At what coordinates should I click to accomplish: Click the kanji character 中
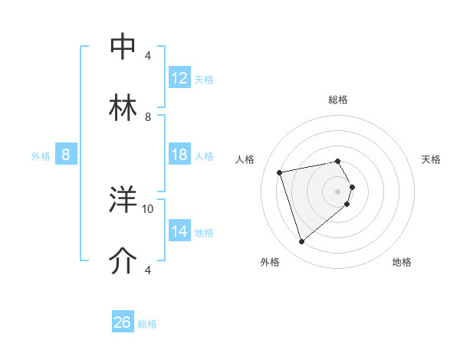[x=123, y=46]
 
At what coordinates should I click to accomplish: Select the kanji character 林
[x=123, y=108]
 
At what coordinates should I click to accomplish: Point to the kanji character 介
[x=123, y=261]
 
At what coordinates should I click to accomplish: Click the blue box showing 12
[x=179, y=78]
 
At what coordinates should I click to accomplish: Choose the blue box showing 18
[x=179, y=155]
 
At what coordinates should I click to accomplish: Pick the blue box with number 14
[x=179, y=231]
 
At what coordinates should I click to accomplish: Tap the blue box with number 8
[x=66, y=155]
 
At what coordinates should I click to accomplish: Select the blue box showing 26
[x=123, y=322]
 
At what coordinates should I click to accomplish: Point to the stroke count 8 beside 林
[x=148, y=117]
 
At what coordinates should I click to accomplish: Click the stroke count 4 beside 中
[x=148, y=56]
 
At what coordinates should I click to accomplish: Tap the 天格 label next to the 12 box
[x=204, y=79]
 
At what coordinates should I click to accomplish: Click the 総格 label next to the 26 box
[x=148, y=324]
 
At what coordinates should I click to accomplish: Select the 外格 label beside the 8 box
[x=40, y=156]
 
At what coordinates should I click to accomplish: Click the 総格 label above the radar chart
[x=338, y=100]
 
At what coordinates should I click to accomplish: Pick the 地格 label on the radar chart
[x=402, y=262]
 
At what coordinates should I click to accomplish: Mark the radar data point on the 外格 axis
[x=301, y=241]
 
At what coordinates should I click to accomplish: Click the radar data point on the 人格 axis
[x=280, y=172]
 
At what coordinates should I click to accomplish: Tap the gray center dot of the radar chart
[x=338, y=191]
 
